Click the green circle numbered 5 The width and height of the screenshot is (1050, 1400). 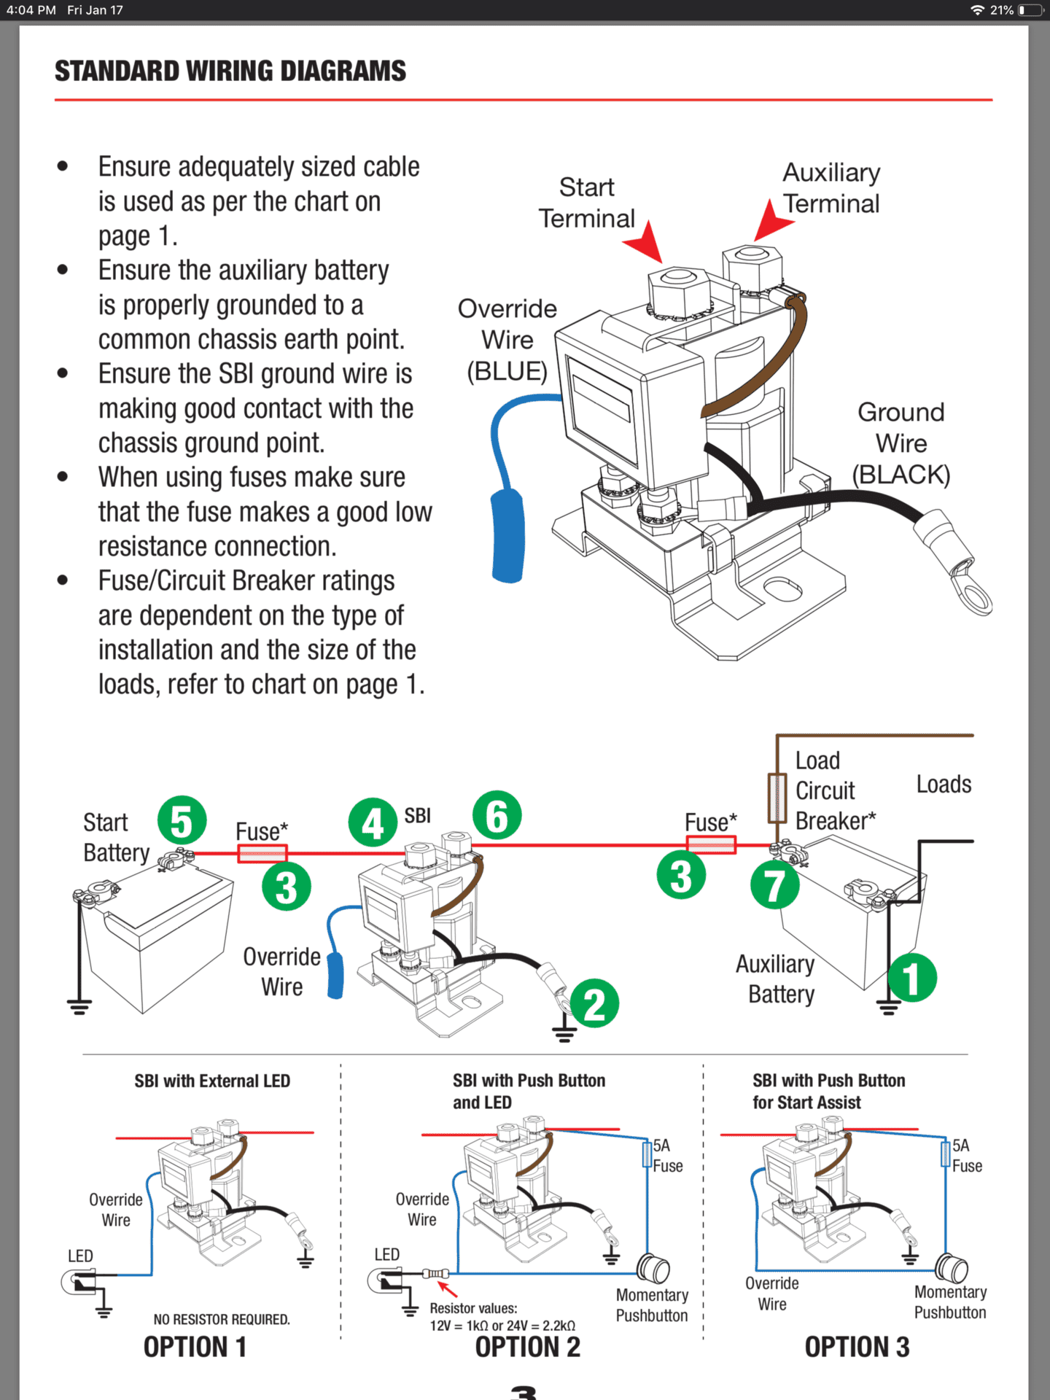(x=182, y=820)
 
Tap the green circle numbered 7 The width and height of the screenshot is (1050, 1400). (x=774, y=885)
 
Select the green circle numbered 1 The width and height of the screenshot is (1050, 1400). (x=912, y=978)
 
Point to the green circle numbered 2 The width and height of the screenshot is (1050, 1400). (x=594, y=1003)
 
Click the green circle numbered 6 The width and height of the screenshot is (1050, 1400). (x=497, y=815)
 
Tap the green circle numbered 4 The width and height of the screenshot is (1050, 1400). (x=373, y=822)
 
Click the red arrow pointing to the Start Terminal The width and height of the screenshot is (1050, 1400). (x=645, y=242)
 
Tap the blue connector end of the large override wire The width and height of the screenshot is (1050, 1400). (x=508, y=536)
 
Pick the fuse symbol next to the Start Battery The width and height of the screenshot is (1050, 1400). (x=262, y=853)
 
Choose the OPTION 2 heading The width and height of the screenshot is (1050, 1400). (x=528, y=1347)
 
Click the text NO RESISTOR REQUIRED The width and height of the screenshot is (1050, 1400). (x=222, y=1319)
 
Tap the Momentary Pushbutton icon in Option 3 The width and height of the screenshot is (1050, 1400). (x=952, y=1269)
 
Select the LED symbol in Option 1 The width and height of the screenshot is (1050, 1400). (x=78, y=1280)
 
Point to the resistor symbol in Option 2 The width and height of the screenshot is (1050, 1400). (x=435, y=1273)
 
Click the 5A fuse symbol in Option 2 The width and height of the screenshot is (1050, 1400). (x=647, y=1154)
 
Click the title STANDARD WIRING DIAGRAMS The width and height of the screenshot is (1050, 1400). (x=230, y=71)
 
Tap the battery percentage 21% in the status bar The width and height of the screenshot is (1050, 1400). (x=1002, y=10)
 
